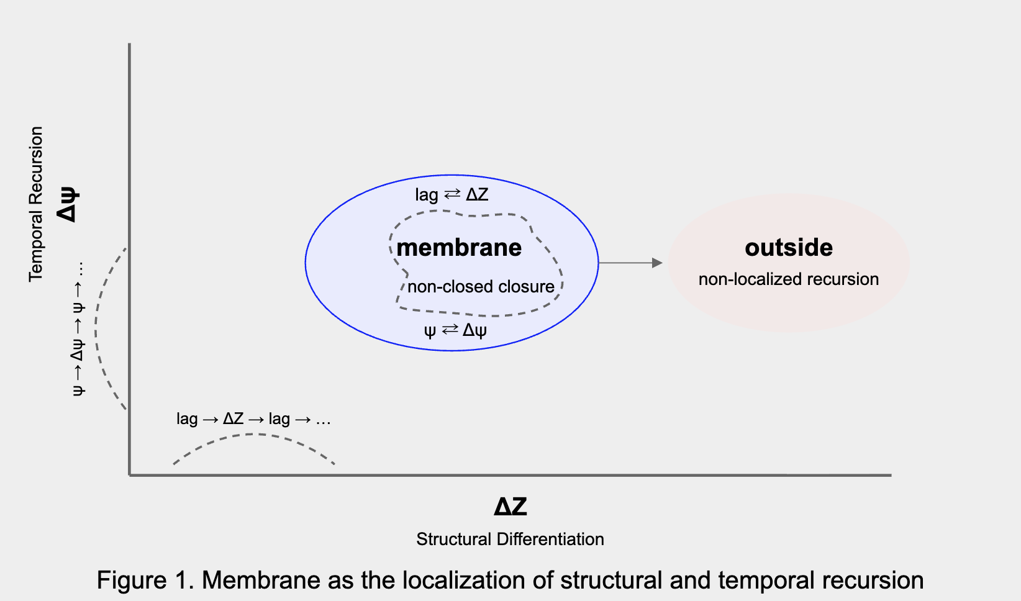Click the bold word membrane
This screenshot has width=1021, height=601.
tap(459, 248)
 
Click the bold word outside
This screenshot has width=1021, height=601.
tap(789, 248)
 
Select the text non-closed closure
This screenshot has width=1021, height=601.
tap(481, 287)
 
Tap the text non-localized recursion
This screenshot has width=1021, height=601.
tap(788, 279)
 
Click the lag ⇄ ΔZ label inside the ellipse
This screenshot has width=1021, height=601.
tap(452, 195)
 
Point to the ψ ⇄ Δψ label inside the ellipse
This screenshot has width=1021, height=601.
tap(455, 330)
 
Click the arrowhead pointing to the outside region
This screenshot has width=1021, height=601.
tap(657, 263)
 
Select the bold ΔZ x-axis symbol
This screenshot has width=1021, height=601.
tap(511, 507)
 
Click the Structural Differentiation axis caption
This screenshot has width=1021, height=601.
tap(510, 539)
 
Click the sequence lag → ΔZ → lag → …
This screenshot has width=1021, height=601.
tap(253, 419)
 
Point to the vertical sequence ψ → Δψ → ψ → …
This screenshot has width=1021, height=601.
tap(78, 329)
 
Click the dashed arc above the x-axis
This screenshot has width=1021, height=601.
tap(253, 436)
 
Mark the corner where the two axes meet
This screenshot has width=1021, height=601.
tap(129, 475)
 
